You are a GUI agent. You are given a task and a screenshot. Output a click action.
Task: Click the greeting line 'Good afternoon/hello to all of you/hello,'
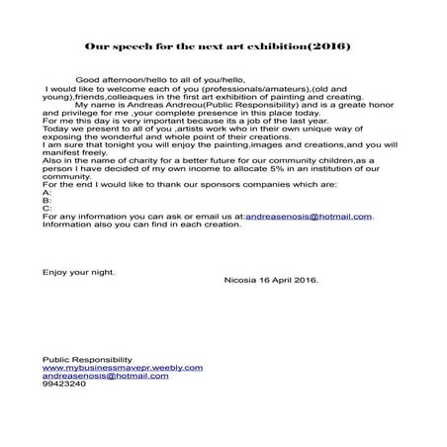pos(158,80)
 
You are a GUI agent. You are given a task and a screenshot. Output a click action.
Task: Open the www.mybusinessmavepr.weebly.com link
pos(122,367)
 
